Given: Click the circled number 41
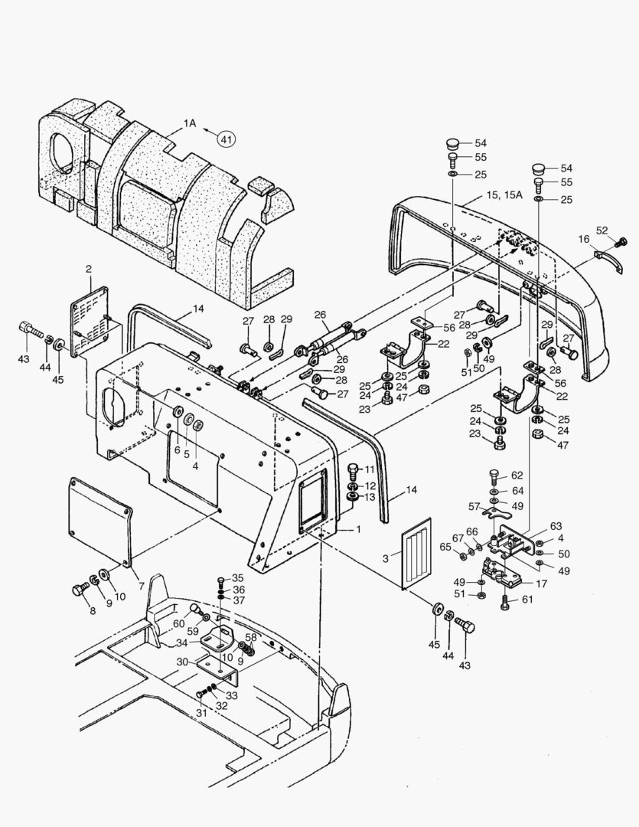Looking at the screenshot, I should [x=226, y=139].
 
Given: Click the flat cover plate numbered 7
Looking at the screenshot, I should [x=99, y=519].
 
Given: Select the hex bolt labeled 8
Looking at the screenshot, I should [x=80, y=590].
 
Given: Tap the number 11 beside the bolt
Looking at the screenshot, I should [x=370, y=469].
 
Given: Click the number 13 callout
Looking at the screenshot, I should [x=370, y=497].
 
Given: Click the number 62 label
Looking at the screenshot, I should [x=517, y=476].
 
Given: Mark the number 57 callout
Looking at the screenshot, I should [x=474, y=506].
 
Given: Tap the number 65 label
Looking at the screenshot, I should [x=445, y=547].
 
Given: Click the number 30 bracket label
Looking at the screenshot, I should [x=182, y=662].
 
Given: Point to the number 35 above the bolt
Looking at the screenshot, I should [x=237, y=577].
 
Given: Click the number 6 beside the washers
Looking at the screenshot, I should [x=177, y=450].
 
